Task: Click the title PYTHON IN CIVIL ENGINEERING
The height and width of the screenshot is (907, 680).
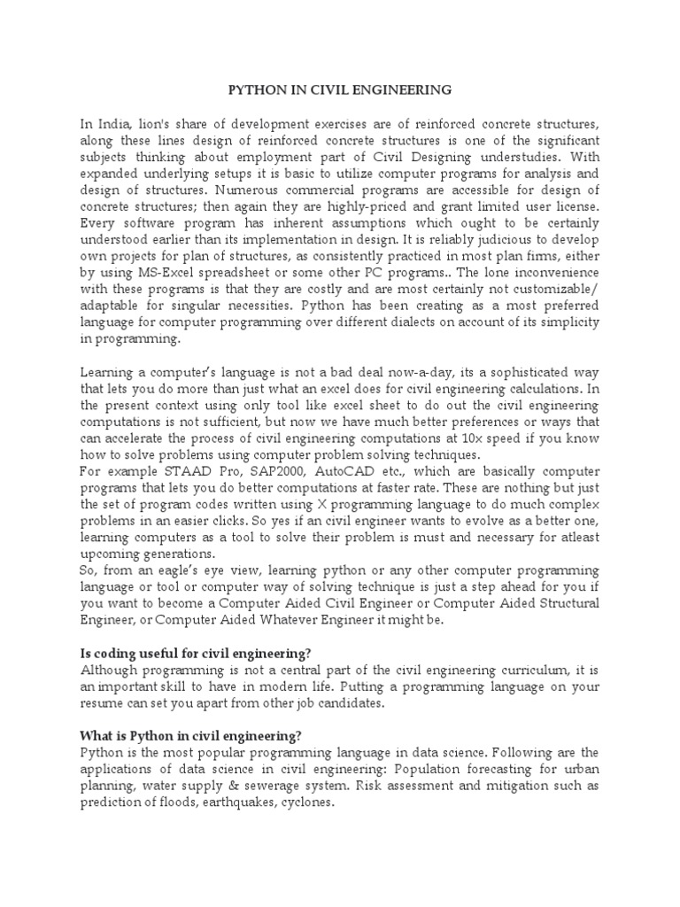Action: point(340,90)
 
